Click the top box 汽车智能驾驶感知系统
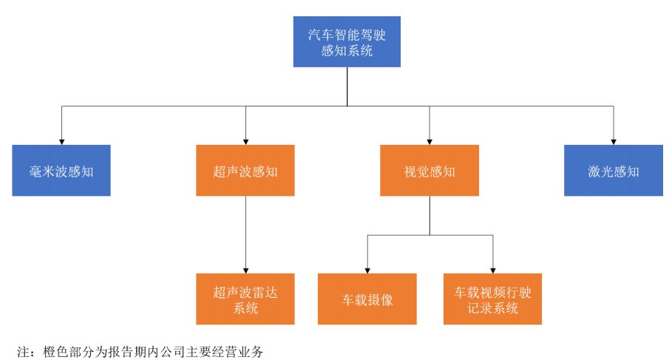[x=347, y=42]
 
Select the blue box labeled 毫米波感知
[x=61, y=171]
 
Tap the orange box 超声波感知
[x=245, y=171]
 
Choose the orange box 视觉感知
[x=430, y=171]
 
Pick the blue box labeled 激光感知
[x=613, y=171]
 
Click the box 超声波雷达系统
[x=245, y=299]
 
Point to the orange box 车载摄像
[x=367, y=299]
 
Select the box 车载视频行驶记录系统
[x=492, y=299]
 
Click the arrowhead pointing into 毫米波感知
[x=61, y=140]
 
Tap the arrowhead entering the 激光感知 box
[x=613, y=140]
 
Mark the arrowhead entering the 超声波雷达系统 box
[x=245, y=269]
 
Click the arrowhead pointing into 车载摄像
[x=367, y=269]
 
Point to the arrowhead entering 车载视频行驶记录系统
[x=492, y=269]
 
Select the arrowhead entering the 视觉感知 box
[x=430, y=140]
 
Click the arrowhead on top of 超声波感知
[x=245, y=140]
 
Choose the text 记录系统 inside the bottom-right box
[x=492, y=308]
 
